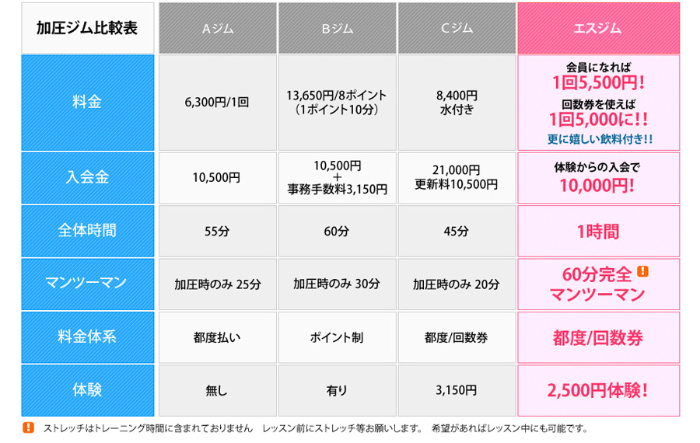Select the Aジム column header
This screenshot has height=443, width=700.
point(217,28)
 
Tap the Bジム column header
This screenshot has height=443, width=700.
point(337,28)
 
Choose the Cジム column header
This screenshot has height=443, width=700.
point(457,28)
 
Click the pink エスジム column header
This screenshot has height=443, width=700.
point(598,28)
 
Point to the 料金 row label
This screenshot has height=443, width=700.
point(87,102)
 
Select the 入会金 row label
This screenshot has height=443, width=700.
point(87,177)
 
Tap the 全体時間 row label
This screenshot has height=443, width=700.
point(87,231)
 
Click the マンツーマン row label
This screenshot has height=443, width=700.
point(87,284)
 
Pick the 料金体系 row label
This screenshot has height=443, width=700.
point(87,337)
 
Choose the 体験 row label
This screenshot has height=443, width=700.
point(87,390)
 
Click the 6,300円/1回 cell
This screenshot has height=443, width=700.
point(217,102)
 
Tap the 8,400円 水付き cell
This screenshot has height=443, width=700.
point(457,102)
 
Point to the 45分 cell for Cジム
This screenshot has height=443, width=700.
point(457,231)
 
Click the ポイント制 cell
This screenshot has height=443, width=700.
point(337,337)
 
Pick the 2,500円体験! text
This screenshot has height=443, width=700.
point(598,391)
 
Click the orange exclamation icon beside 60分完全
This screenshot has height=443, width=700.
point(642,271)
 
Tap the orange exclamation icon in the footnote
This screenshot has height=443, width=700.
point(29,427)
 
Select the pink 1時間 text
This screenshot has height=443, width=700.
point(598,231)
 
